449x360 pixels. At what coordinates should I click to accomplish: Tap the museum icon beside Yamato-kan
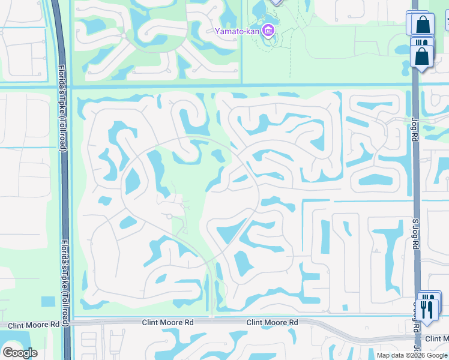coord(268,30)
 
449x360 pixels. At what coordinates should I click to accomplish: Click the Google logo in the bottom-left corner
coord(20,352)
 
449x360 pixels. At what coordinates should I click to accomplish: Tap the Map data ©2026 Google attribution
coord(412,355)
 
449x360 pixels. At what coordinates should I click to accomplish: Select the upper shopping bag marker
coord(423,25)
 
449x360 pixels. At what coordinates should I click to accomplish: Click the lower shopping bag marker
coord(423,56)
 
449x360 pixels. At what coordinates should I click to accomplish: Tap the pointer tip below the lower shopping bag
coord(422,72)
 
